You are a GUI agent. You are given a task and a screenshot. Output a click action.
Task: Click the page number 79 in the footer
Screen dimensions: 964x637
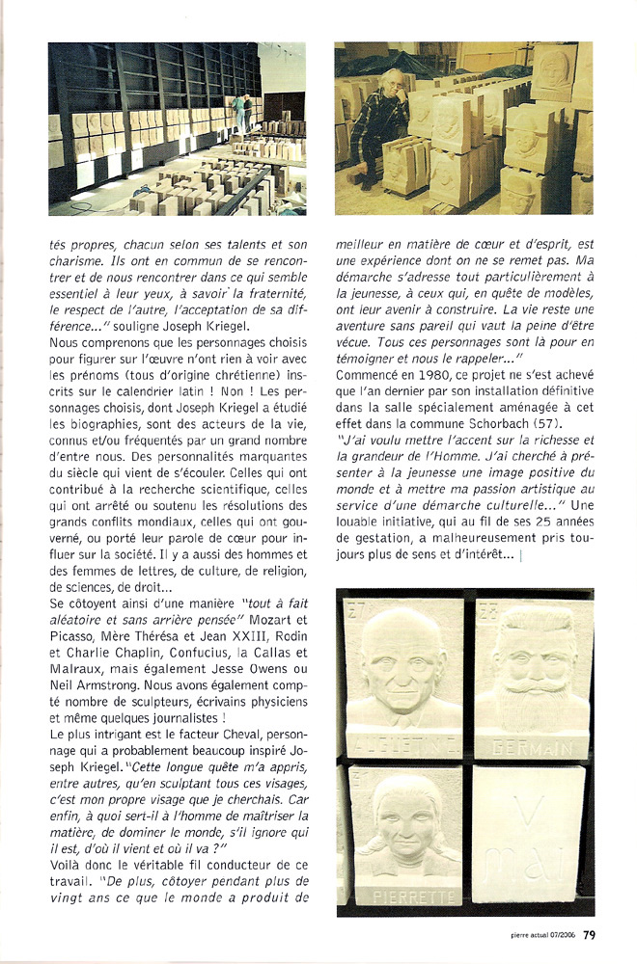pyautogui.click(x=589, y=933)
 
